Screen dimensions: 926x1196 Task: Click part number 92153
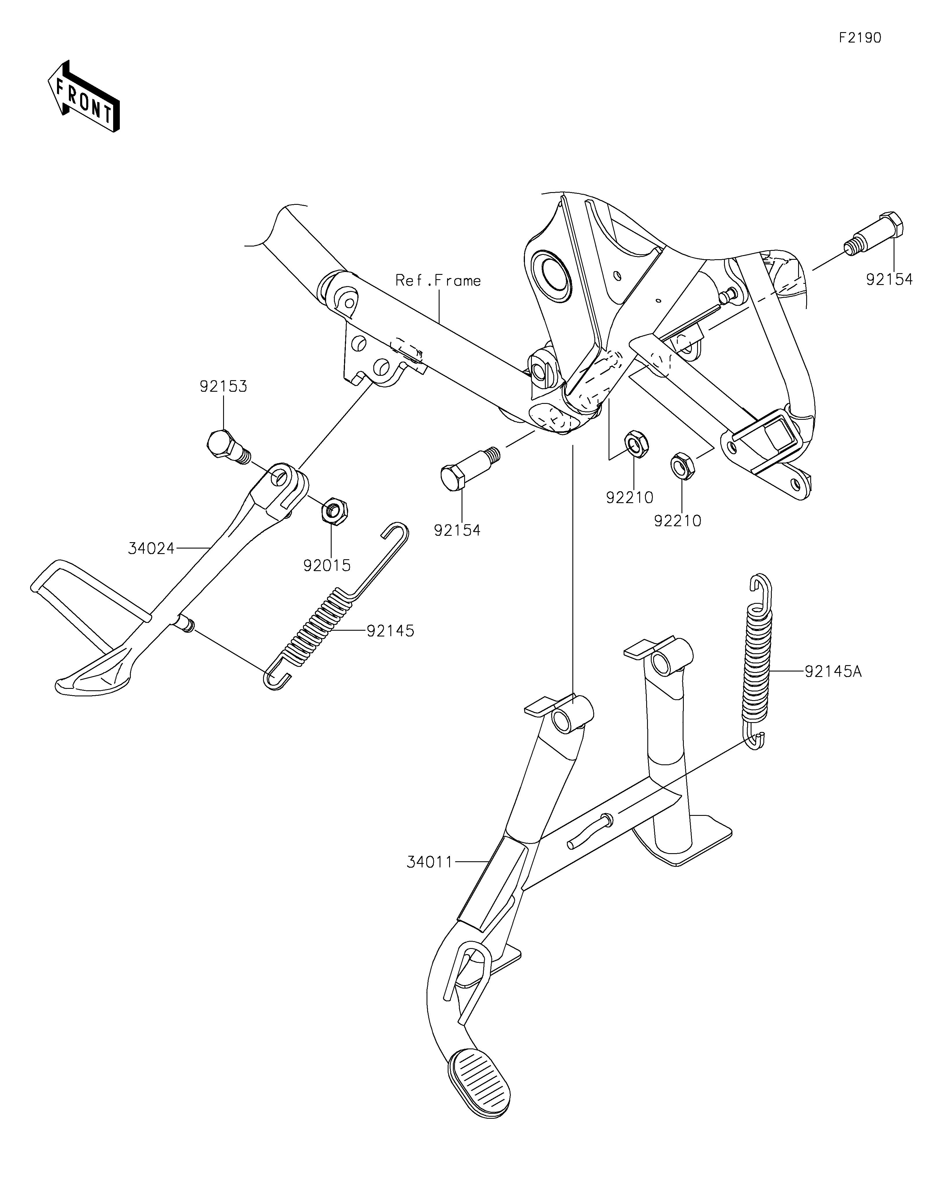tap(223, 387)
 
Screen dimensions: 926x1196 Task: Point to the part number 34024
tap(151, 548)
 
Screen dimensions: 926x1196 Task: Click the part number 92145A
tap(833, 671)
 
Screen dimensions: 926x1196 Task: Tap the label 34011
tap(430, 862)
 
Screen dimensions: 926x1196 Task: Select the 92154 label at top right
tap(889, 280)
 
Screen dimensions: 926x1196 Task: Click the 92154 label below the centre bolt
tap(457, 530)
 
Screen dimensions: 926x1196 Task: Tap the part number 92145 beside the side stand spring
tap(390, 631)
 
